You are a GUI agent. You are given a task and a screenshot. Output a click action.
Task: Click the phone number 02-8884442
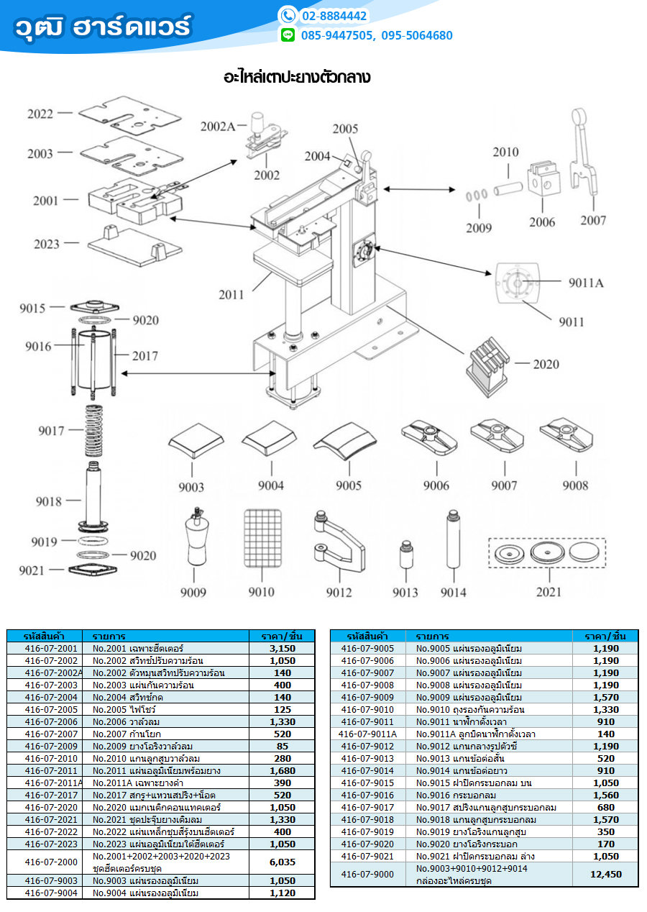pos(334,16)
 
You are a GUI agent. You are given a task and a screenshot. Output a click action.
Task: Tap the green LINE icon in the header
pos(288,35)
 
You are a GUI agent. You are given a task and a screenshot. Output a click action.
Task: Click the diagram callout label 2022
pos(41,114)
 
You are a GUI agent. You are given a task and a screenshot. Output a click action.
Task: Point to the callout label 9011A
pos(586,283)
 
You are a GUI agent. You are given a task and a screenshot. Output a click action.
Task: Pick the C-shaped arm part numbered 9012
pos(336,543)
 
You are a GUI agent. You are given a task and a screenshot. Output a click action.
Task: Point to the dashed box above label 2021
pos(546,552)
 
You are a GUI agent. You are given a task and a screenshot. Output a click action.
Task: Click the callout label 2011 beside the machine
pos(231,294)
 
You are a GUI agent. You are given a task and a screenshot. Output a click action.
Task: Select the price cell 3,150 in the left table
pos(282,648)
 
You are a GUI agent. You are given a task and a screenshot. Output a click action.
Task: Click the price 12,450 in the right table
pos(605,875)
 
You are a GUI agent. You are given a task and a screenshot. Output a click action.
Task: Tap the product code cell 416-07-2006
pos(50,721)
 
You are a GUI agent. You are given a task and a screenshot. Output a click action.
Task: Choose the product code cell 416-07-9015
pos(367,783)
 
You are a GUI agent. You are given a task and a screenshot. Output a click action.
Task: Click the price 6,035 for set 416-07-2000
pos(282,862)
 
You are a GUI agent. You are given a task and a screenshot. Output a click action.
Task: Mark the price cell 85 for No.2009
pos(282,746)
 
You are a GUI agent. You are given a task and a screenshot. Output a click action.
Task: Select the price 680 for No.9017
pos(605,807)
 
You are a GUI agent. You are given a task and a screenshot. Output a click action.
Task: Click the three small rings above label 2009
pos(475,194)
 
